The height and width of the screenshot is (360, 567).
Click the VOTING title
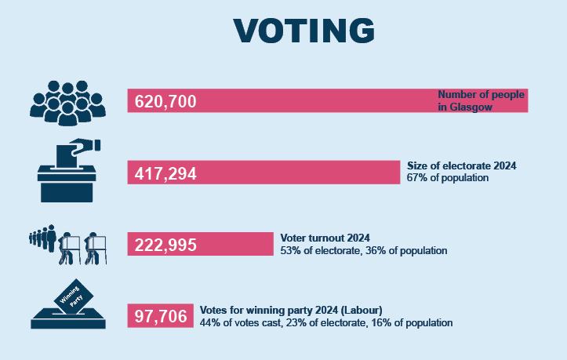tap(303, 30)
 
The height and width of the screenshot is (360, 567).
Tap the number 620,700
tap(165, 102)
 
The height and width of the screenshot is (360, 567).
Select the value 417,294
tap(165, 173)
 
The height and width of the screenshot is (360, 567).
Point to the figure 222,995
tap(165, 245)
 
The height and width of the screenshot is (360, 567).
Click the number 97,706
tap(161, 317)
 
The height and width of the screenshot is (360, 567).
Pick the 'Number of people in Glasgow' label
tap(480, 101)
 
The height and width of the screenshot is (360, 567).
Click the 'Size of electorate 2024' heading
tap(462, 166)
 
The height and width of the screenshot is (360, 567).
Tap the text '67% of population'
tap(448, 178)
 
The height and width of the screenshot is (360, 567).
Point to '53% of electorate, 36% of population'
tap(364, 251)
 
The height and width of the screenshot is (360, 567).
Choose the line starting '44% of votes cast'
tap(326, 322)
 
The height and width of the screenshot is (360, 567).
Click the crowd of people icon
tap(67, 102)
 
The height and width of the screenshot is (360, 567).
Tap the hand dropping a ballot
tap(82, 145)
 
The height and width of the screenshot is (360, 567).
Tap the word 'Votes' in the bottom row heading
tap(214, 310)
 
